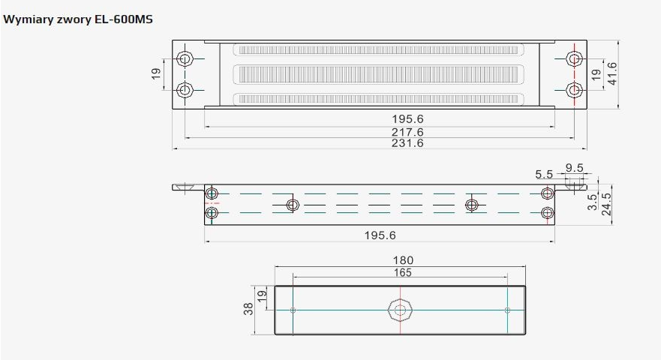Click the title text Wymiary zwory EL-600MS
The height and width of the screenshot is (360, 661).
coord(78,19)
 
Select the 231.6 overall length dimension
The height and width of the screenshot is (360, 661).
coord(408,142)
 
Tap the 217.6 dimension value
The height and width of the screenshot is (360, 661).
coord(408,131)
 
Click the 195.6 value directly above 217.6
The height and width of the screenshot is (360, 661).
coord(408,118)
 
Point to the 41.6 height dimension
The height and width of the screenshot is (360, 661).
coord(611,73)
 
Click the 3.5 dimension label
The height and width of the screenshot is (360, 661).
coord(592,202)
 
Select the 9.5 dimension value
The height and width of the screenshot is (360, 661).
coord(575,168)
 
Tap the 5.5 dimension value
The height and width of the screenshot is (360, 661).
coord(544,174)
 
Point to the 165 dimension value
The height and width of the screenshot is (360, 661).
coord(402,273)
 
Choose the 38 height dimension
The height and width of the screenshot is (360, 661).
coord(248,310)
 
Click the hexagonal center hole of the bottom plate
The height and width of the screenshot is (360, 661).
coord(399,310)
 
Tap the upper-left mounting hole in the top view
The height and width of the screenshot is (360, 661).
coord(185,58)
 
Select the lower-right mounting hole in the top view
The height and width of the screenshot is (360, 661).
coord(574,90)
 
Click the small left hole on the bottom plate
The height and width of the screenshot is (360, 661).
coord(293,310)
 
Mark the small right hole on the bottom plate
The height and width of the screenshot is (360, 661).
coord(507,310)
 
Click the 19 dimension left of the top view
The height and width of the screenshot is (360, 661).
coord(156,74)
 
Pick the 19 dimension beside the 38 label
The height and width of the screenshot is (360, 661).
coord(262,296)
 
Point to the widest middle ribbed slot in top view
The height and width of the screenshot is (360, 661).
coord(379,74)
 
